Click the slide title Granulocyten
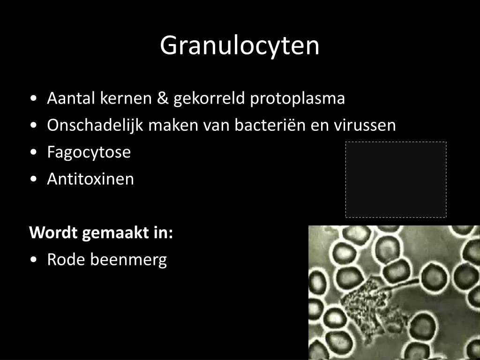pyautogui.click(x=240, y=46)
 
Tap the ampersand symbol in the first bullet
pyautogui.click(x=163, y=98)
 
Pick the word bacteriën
pyautogui.click(x=270, y=125)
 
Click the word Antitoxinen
pyautogui.click(x=90, y=179)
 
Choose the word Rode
pyautogui.click(x=66, y=260)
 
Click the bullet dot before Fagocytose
pyautogui.click(x=34, y=152)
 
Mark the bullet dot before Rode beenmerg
pyautogui.click(x=34, y=260)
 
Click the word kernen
pyautogui.click(x=126, y=98)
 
